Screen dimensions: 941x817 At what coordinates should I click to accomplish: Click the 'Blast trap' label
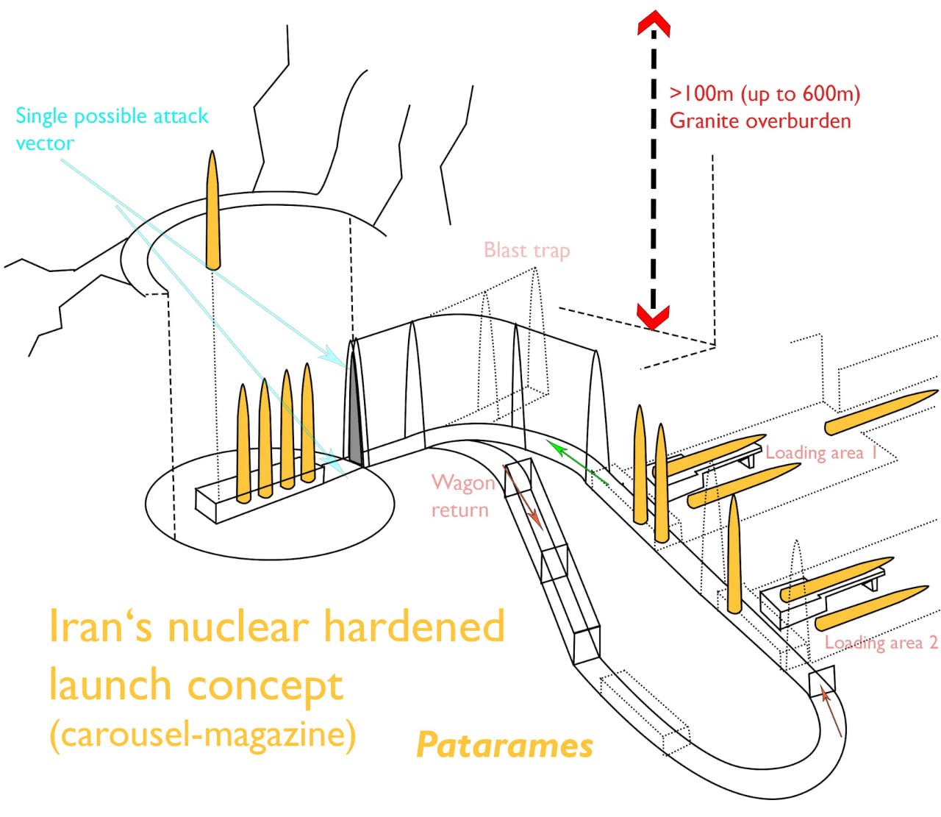(527, 251)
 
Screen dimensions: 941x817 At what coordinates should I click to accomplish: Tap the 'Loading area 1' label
(821, 453)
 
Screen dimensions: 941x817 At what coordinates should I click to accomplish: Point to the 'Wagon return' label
(462, 496)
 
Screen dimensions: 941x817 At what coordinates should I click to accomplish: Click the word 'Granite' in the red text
(704, 121)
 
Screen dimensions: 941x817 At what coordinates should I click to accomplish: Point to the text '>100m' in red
(701, 93)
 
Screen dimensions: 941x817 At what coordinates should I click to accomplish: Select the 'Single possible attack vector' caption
(112, 129)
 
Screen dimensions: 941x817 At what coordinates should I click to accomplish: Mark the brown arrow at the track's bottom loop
(831, 713)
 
